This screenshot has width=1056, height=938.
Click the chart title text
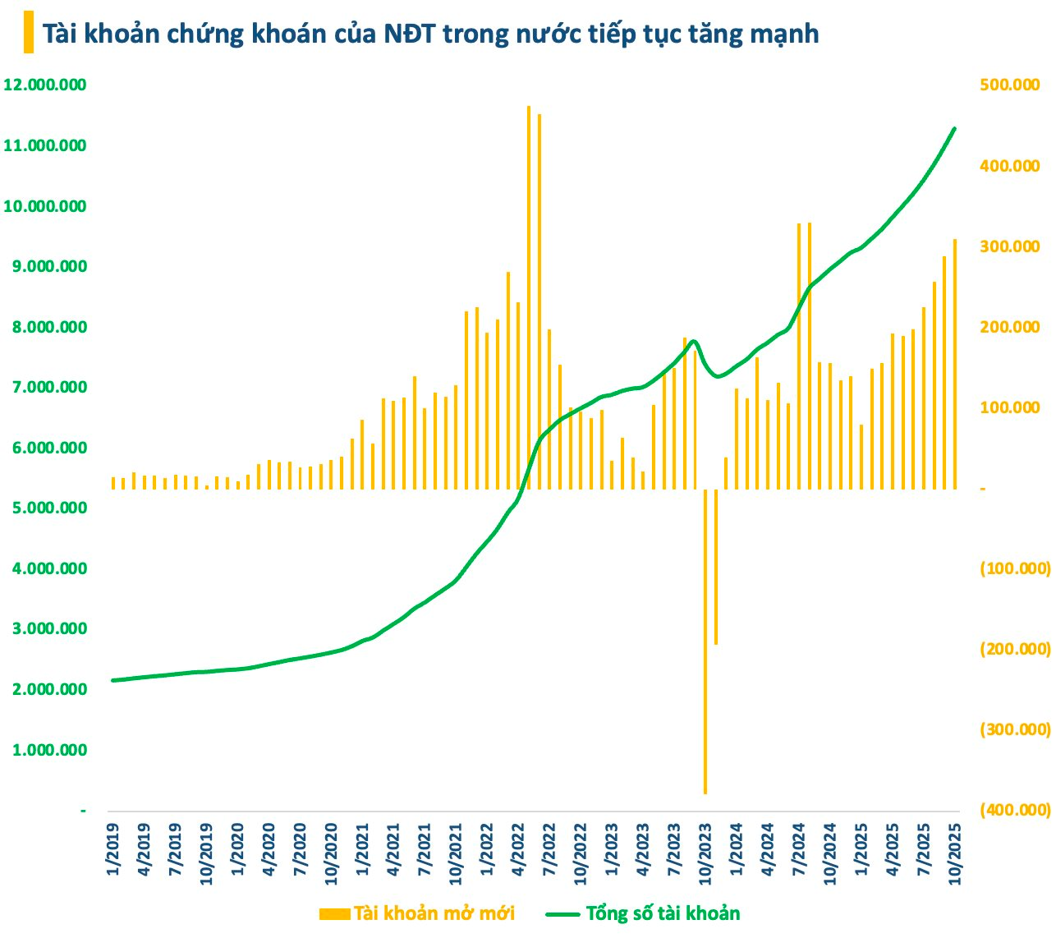tap(430, 34)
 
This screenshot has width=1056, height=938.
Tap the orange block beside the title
tap(29, 33)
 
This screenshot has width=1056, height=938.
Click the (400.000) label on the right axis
tap(1015, 811)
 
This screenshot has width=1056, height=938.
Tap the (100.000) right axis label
tap(1015, 569)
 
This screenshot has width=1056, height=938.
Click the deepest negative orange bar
tap(705, 641)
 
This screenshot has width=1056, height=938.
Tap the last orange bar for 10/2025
tap(954, 364)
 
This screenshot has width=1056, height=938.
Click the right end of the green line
tap(954, 129)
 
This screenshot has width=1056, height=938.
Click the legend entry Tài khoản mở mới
tap(417, 914)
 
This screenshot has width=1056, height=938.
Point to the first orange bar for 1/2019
tap(113, 483)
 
